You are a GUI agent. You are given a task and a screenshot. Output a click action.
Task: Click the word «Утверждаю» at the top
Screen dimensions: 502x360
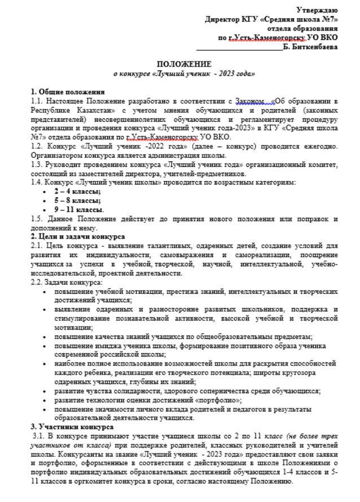[318, 10]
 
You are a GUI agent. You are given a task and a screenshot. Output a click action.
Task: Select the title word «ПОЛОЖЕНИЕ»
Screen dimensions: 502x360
[184, 65]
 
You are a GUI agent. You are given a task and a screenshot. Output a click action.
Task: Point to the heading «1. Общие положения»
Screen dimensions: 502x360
[68, 92]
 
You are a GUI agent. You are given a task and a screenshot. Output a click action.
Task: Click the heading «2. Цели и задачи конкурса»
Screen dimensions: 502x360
[78, 237]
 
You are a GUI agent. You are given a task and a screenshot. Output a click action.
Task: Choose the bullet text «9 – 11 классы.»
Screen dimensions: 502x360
[76, 210]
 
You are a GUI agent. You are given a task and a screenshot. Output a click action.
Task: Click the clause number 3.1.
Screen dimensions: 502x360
[39, 436]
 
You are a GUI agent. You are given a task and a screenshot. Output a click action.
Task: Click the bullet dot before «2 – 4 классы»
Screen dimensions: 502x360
[45, 192]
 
